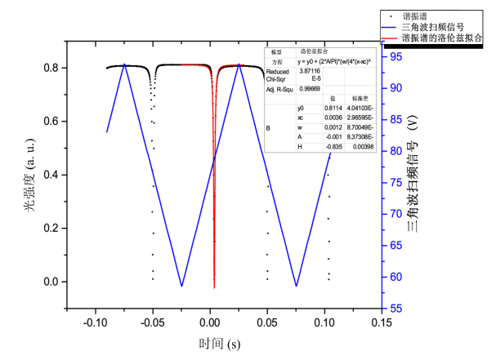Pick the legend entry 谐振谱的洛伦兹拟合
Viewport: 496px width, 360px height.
[x=442, y=38]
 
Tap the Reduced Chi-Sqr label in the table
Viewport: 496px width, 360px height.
[x=278, y=76]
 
